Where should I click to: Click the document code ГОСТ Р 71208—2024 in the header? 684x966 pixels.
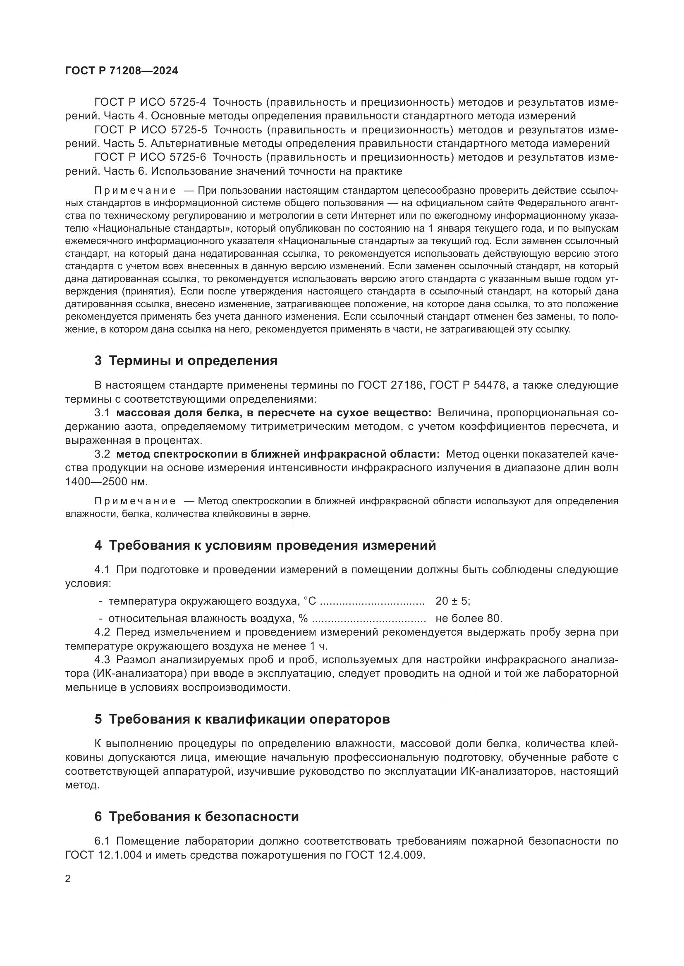point(122,71)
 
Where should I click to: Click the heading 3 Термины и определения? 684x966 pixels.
point(186,361)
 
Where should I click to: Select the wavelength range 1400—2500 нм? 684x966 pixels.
point(106,482)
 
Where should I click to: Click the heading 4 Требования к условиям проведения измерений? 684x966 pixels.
point(265,545)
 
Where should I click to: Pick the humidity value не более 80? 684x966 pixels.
point(469,619)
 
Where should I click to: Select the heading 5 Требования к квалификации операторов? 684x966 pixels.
point(242,719)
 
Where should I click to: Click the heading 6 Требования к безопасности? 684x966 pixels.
point(197,816)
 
